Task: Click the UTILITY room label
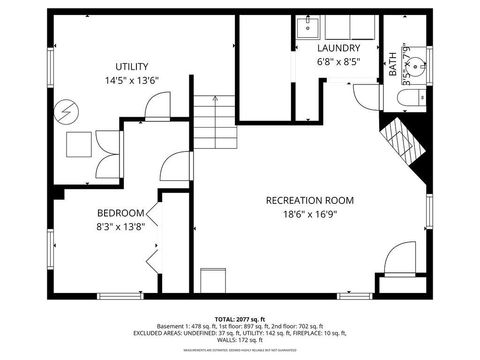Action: (x=131, y=66)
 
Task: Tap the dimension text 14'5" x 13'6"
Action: (x=131, y=80)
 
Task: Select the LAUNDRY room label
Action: (x=338, y=48)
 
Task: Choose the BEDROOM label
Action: (x=121, y=213)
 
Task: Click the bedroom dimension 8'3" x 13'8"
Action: (x=121, y=227)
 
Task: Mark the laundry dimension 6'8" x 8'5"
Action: (x=338, y=62)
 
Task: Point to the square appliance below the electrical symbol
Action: (x=79, y=145)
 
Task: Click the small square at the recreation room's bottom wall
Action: (x=212, y=281)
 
